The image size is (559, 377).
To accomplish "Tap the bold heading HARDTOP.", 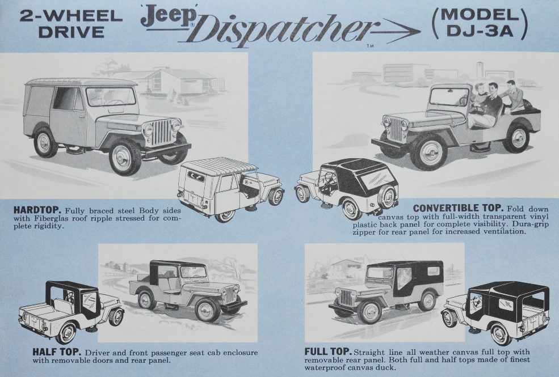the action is (37, 210).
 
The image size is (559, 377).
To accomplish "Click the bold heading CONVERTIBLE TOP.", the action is (458, 208).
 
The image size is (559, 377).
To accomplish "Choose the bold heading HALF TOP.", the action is (57, 352).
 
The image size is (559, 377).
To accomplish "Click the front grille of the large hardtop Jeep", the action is (162, 132).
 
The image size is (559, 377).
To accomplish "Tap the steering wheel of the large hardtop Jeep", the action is (114, 101).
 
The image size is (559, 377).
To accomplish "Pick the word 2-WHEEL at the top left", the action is (71, 16).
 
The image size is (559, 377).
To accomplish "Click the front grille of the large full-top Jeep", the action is (346, 296).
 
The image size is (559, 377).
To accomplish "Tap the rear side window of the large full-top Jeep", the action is (434, 271).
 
